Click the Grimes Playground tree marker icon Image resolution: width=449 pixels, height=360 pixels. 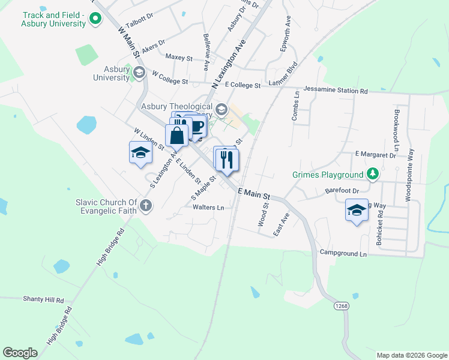click(x=373, y=175)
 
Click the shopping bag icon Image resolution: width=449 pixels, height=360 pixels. click(x=177, y=136)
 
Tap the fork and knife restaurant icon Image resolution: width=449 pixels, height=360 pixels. click(x=227, y=160)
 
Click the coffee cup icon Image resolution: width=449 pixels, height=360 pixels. click(x=196, y=126)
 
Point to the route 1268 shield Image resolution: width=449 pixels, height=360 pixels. click(x=341, y=306)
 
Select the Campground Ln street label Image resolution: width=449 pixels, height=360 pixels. click(x=343, y=254)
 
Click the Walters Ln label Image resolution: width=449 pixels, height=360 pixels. click(x=208, y=208)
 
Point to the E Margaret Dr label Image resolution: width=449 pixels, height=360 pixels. click(x=376, y=155)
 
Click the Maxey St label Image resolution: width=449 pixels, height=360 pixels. click(x=178, y=58)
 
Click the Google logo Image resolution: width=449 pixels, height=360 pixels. click(x=20, y=353)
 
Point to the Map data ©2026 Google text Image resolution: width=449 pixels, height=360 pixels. click(x=411, y=355)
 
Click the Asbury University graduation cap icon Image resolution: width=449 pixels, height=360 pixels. click(x=139, y=73)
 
